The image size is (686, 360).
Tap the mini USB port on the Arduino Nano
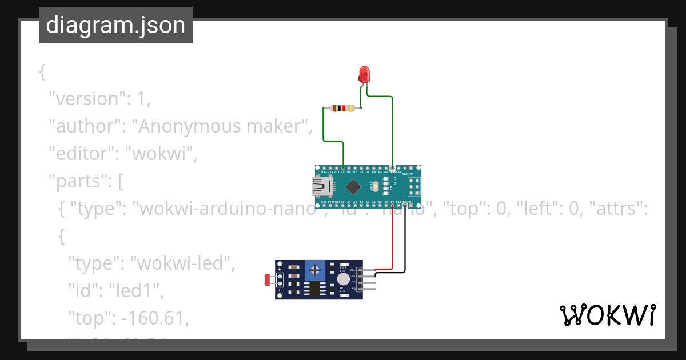point(320,186)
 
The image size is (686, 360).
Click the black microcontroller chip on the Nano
point(353,186)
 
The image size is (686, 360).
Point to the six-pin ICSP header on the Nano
point(413,186)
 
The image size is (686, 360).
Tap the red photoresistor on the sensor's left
point(267,279)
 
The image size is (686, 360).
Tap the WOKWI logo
point(607,315)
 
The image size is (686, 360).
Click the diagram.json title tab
point(115,25)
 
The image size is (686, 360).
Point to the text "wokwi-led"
point(183,263)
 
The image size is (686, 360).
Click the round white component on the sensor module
point(342,279)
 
